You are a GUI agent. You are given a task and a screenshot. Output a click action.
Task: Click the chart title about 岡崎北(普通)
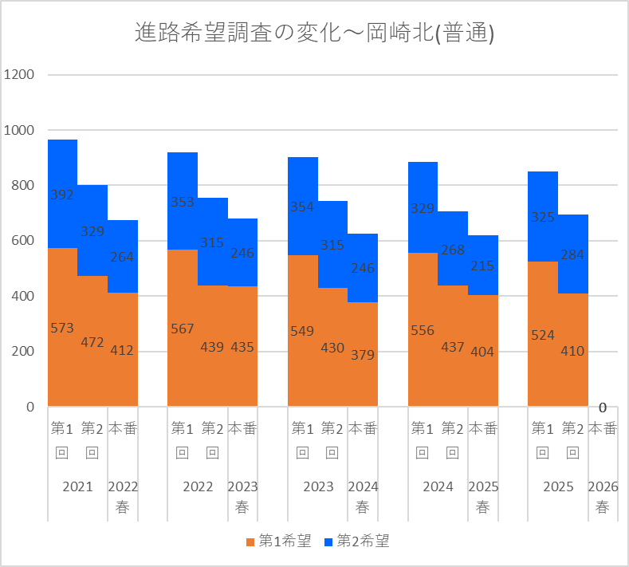[314, 32]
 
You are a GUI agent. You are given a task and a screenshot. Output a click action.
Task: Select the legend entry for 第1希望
[278, 541]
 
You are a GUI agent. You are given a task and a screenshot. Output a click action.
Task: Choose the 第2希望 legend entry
[356, 541]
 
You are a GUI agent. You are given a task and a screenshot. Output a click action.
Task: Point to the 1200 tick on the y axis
[19, 75]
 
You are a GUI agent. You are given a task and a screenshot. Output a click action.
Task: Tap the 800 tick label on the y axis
[22, 185]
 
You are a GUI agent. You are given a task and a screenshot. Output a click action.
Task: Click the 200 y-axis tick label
[22, 352]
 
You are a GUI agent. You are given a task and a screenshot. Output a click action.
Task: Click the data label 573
[62, 329]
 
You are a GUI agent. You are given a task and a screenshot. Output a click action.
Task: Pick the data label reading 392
[62, 195]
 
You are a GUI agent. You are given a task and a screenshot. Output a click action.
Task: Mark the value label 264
[122, 258]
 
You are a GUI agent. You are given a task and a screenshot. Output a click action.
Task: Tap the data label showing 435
[242, 347]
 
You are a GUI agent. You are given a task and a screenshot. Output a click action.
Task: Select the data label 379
[363, 355]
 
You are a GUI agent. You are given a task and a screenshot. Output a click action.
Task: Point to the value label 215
[482, 266]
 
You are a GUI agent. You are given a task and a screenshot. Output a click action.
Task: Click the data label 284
[572, 255]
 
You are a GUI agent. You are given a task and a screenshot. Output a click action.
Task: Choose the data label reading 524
[543, 336]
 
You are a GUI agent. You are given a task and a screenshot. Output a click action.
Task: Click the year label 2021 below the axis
[78, 486]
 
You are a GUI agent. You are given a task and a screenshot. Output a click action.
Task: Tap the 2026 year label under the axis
[603, 486]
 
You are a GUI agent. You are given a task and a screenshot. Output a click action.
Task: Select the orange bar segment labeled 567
[183, 328]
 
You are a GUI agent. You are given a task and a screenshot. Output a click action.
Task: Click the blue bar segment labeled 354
[303, 207]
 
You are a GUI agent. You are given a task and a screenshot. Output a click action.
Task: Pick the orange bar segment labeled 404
[483, 351]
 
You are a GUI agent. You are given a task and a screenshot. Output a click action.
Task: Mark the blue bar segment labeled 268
[453, 249]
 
